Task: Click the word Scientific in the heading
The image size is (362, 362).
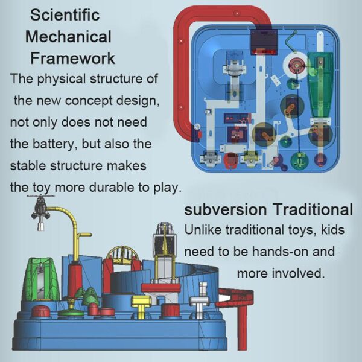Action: click(65, 15)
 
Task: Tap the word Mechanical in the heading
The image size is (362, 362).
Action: click(68, 36)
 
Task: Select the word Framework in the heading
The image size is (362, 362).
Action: click(73, 58)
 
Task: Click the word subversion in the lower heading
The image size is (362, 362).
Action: click(226, 209)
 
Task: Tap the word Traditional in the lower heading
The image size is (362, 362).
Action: click(313, 209)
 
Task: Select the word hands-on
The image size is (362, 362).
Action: click(280, 251)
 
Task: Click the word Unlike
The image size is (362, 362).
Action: click(203, 230)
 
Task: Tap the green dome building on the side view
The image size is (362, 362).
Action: click(40, 281)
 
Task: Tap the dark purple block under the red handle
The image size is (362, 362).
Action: click(264, 41)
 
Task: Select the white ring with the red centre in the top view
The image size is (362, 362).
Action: click(296, 65)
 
